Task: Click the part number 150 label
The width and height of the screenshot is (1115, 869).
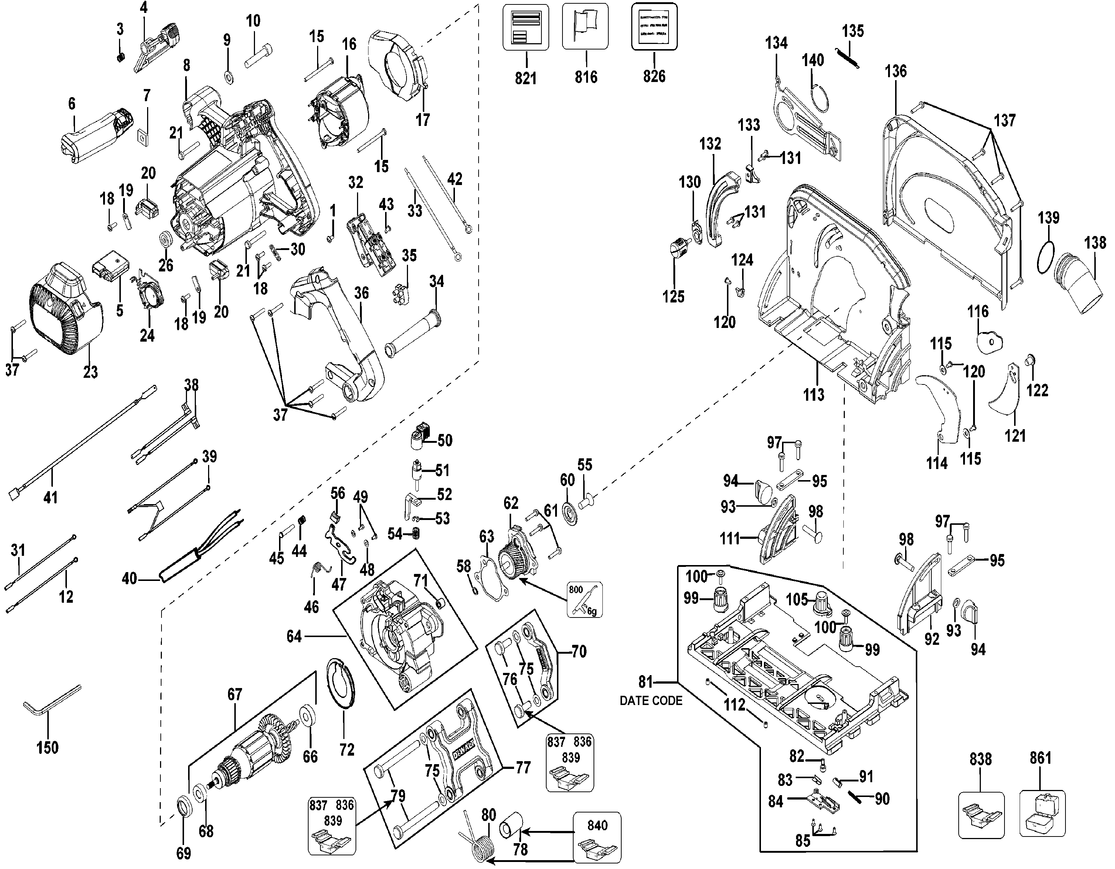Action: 47,748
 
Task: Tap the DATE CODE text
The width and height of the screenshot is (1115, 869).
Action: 650,701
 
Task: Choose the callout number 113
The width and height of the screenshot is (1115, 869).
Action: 813,394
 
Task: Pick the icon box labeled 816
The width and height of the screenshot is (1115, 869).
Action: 585,26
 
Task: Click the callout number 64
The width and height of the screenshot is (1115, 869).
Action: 294,636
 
